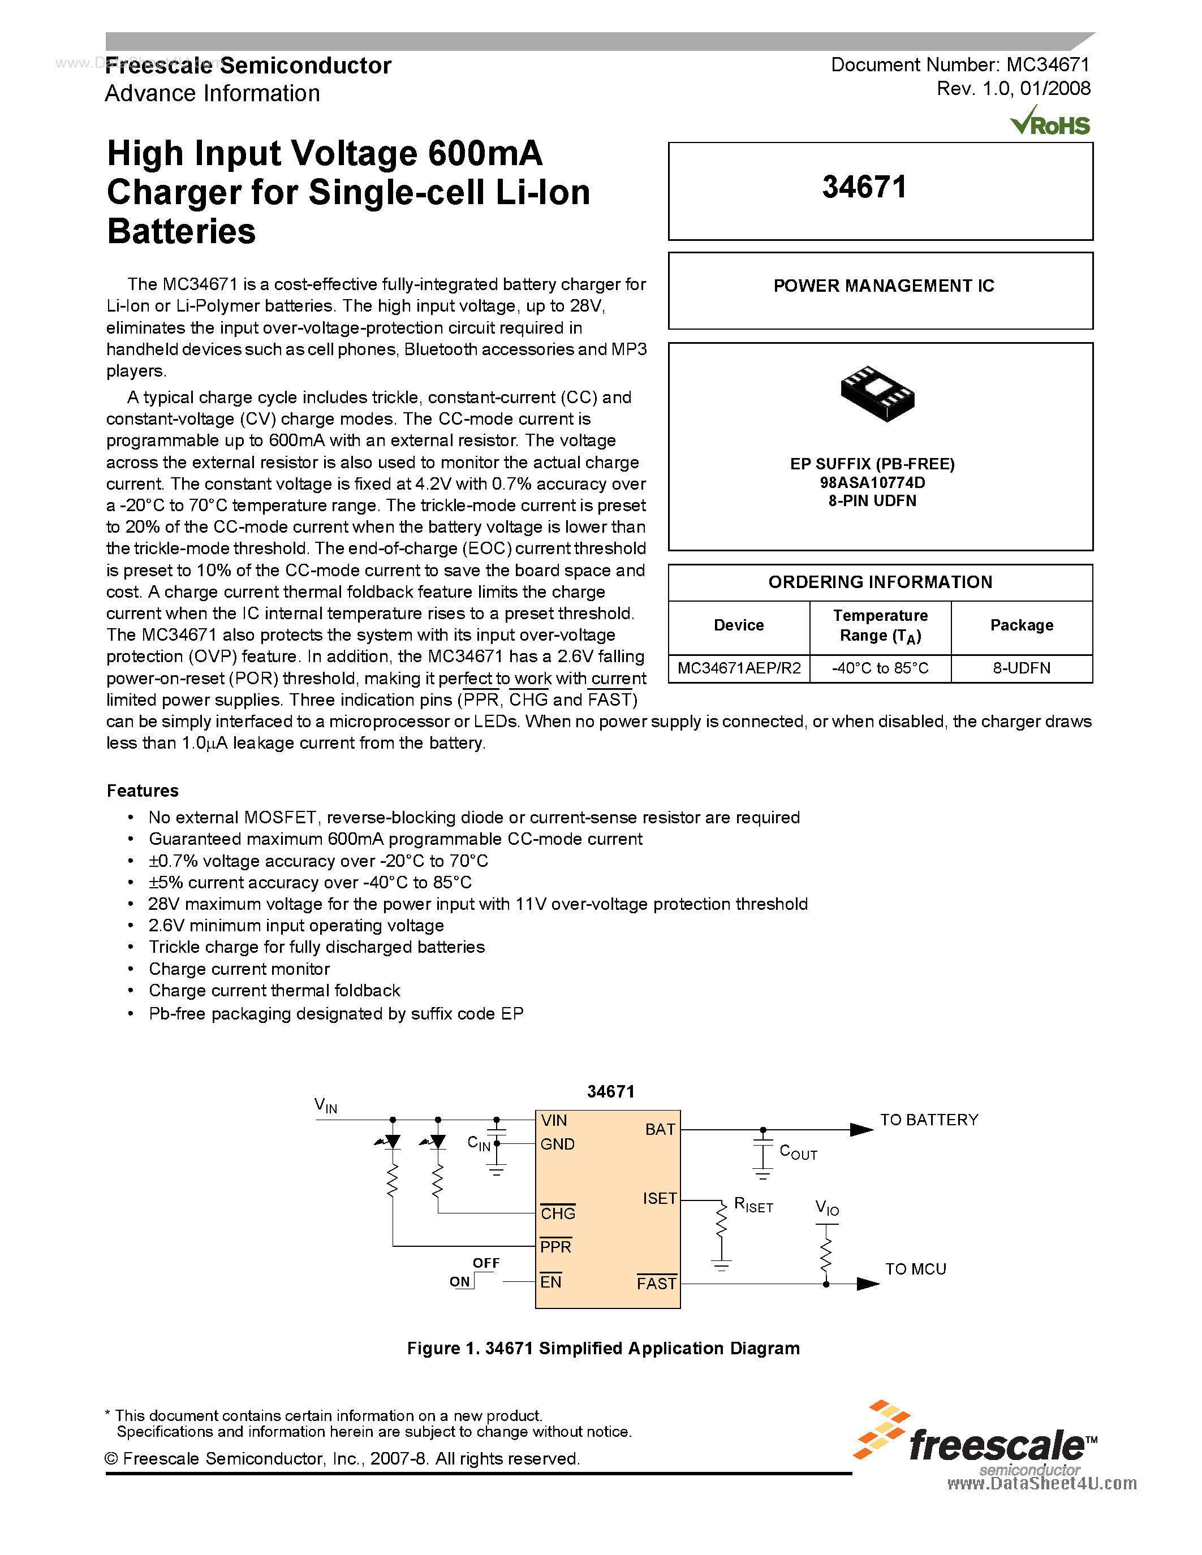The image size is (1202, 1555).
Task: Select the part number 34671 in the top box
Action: point(864,188)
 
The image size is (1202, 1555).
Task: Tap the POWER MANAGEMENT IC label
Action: point(883,286)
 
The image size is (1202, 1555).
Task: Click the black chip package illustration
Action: point(877,393)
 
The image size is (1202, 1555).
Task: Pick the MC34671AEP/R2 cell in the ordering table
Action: point(738,668)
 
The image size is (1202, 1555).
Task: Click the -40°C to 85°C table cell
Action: point(880,668)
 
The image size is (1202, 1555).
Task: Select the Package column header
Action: point(1021,625)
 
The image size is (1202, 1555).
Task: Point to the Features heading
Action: point(143,791)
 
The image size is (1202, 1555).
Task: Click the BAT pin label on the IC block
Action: point(660,1130)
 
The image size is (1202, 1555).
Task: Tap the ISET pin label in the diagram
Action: point(660,1199)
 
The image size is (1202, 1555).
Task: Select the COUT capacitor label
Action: point(798,1152)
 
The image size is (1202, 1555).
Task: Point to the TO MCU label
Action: point(915,1269)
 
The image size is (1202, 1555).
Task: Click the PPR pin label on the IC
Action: point(555,1247)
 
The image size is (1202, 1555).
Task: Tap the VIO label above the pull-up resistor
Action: point(827,1208)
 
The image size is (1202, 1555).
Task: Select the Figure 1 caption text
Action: point(603,1349)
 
